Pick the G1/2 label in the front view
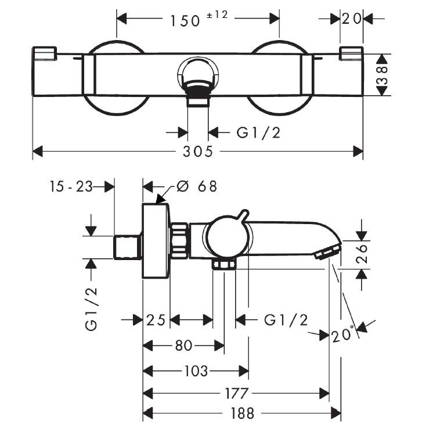click(258, 133)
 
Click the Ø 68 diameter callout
click(197, 186)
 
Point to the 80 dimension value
click(183, 346)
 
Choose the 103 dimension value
click(196, 371)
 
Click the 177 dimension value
click(236, 394)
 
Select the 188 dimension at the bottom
click(242, 413)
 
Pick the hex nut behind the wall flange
click(179, 240)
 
